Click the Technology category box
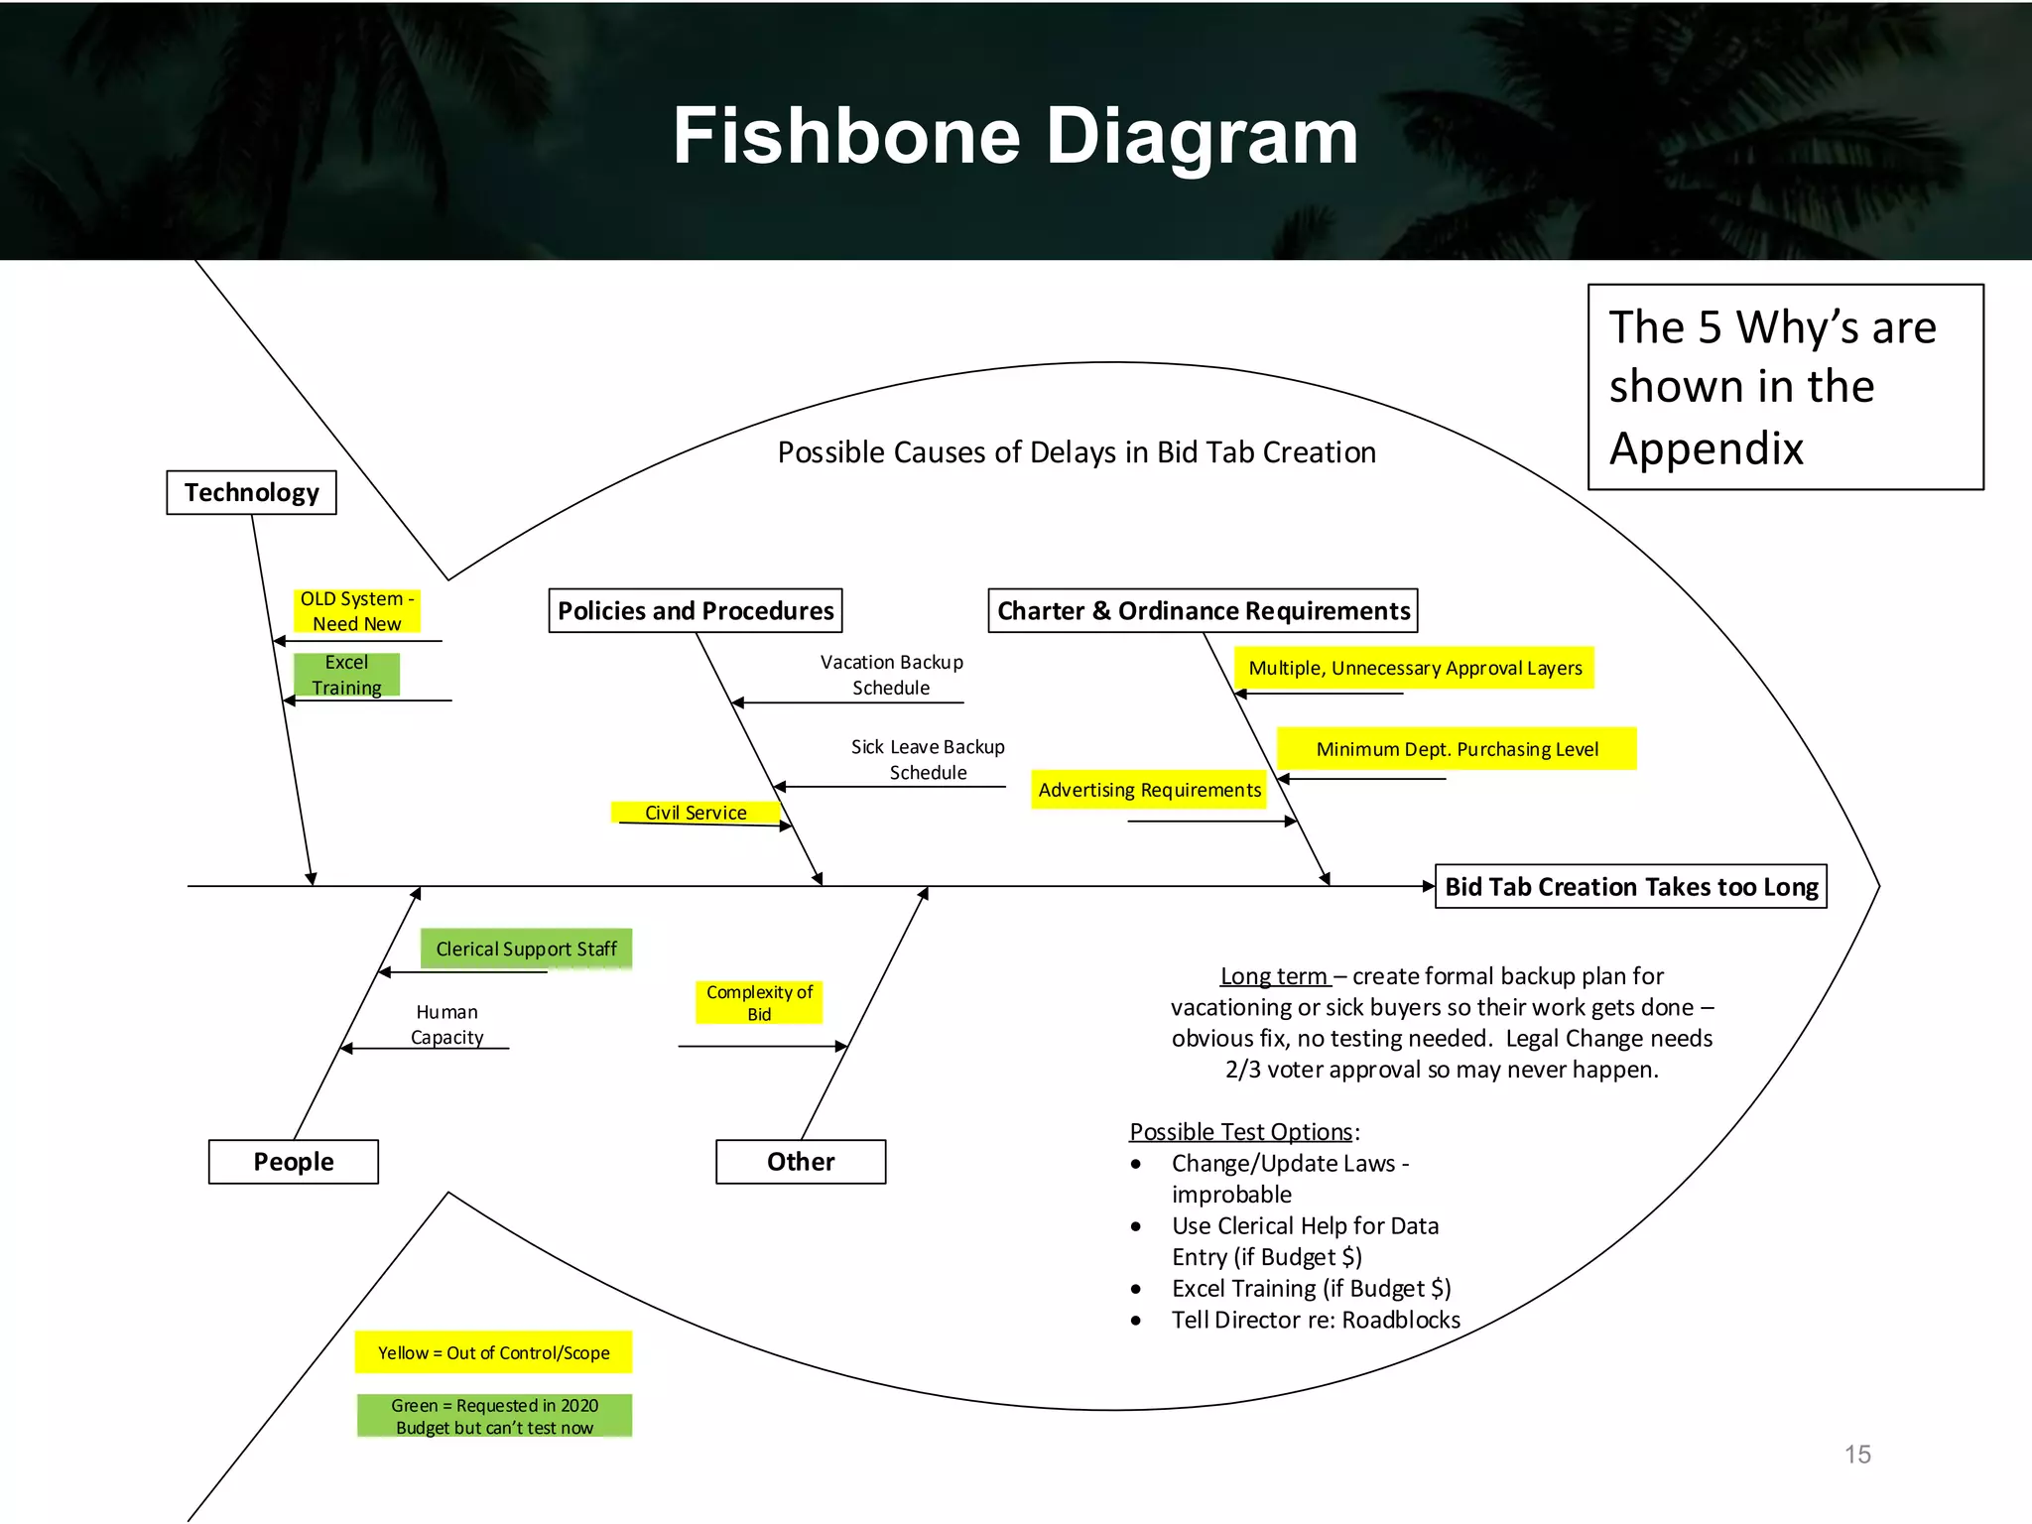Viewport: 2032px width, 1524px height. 251,492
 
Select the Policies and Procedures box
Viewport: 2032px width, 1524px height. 696,610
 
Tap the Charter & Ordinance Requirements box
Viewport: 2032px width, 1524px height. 1203,610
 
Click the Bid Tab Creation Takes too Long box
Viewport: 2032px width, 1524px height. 1630,886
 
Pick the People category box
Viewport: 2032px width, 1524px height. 293,1161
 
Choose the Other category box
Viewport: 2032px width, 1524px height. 800,1161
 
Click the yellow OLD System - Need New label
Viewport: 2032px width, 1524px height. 357,611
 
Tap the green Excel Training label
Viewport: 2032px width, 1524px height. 346,675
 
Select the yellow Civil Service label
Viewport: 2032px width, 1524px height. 696,813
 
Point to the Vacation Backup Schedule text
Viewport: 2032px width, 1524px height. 891,675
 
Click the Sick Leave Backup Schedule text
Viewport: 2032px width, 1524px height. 928,759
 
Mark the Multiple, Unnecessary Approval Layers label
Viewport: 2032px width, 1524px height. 1415,668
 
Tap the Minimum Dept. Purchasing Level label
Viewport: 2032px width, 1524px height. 1457,749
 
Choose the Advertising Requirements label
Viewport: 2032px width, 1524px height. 1149,790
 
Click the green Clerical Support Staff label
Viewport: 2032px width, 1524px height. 526,949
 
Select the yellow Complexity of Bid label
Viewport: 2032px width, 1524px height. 759,1002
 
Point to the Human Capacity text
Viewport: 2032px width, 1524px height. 446,1024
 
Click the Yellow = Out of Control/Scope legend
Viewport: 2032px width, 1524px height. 493,1352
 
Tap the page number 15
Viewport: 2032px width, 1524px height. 1857,1454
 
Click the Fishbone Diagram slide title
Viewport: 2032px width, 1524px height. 1015,136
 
